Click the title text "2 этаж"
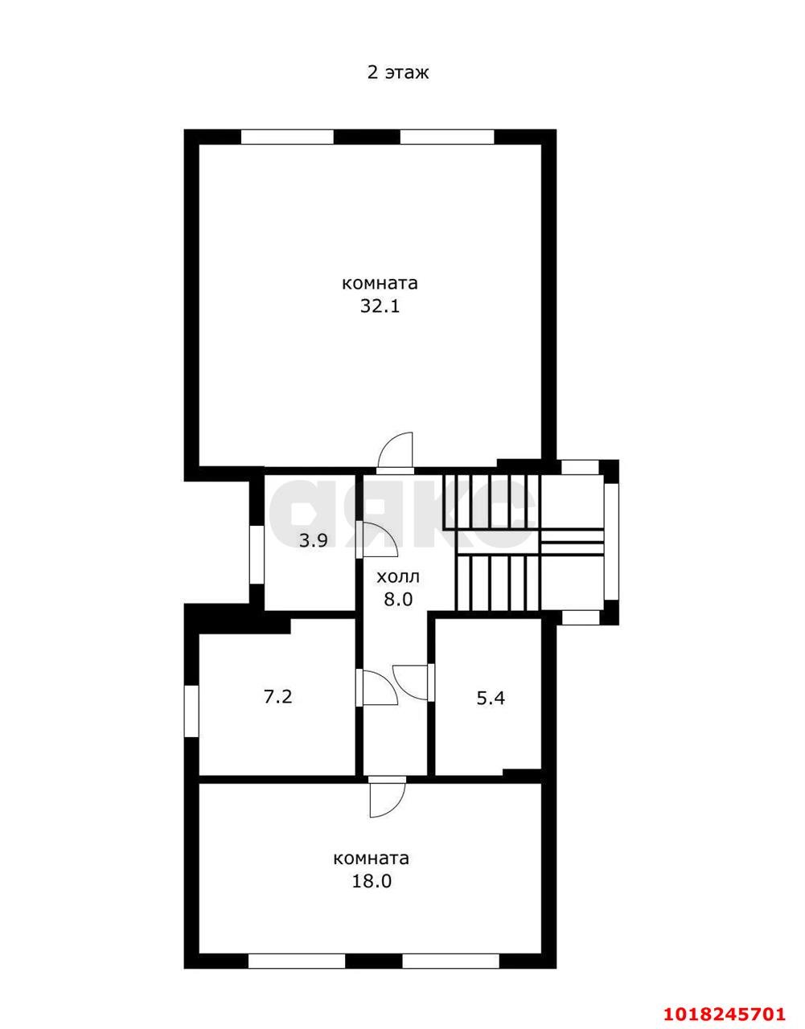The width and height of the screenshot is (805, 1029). tap(398, 73)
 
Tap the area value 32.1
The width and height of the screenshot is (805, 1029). tap(380, 306)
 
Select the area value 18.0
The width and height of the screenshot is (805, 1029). tap(372, 881)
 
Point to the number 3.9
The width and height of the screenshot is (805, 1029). tap(313, 540)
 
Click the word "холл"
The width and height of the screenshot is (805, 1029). tap(398, 577)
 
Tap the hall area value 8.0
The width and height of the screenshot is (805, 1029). tap(398, 600)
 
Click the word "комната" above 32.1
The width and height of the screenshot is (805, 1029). tap(380, 284)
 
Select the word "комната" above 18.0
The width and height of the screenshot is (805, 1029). tap(372, 859)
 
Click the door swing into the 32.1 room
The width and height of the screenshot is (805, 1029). tap(396, 453)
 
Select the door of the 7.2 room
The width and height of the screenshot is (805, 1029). tap(376, 687)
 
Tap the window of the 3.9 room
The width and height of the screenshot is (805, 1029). tap(257, 554)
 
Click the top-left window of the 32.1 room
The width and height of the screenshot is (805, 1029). tap(287, 137)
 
